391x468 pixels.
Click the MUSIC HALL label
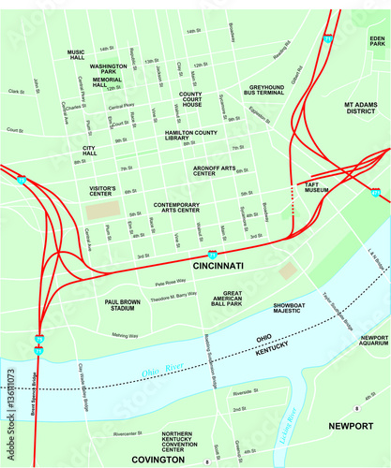tap(77, 53)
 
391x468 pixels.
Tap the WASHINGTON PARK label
tap(109, 70)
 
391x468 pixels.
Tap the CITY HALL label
tap(90, 152)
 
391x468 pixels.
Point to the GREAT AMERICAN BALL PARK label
tap(227, 300)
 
